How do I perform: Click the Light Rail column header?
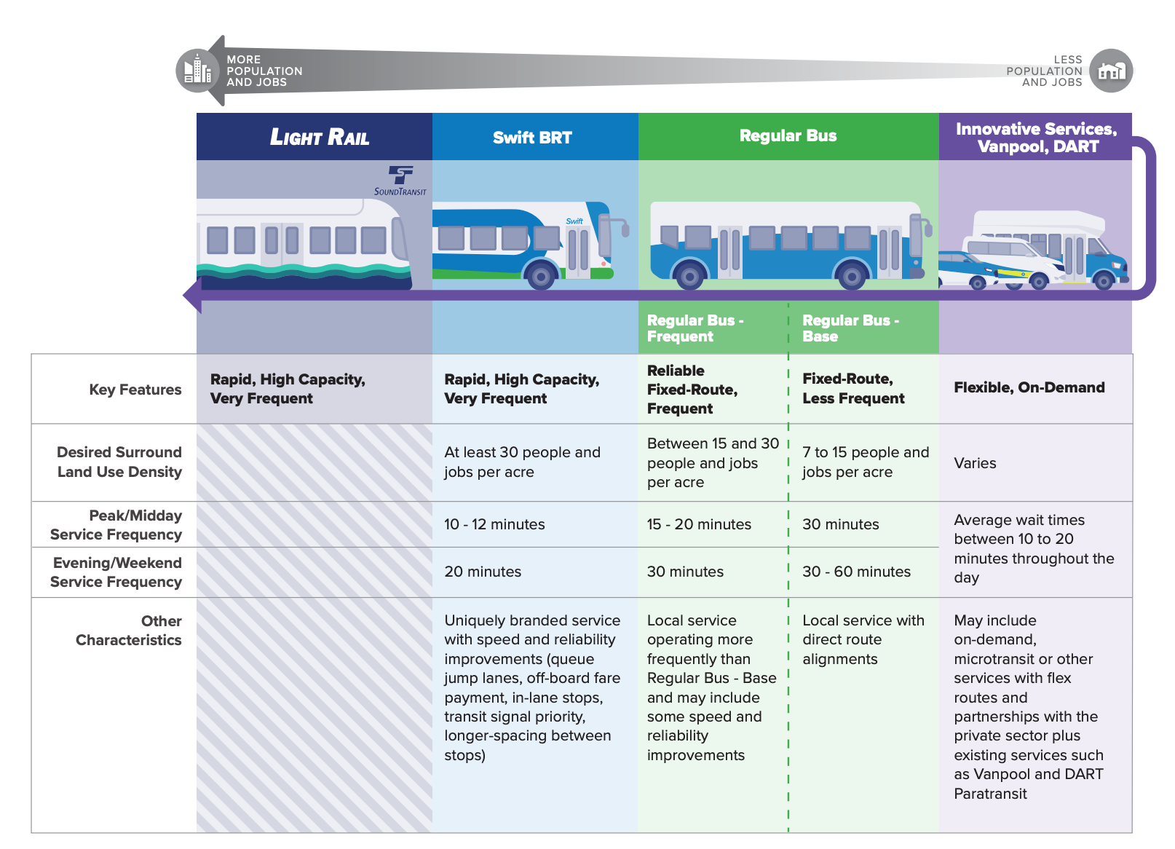pos(320,137)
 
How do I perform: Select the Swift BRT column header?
pos(532,138)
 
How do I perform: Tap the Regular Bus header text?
pos(788,135)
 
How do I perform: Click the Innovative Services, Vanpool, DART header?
pos(1037,138)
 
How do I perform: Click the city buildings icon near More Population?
pos(197,71)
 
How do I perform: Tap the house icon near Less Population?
pos(1112,71)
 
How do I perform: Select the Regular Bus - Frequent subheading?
pos(695,328)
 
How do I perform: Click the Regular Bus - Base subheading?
pos(851,328)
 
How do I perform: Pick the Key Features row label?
pos(135,390)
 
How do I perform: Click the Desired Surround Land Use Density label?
pos(119,462)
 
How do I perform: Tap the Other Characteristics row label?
pos(129,630)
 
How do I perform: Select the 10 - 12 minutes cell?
pos(494,524)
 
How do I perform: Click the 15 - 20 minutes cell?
pos(699,524)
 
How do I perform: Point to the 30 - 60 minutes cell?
pos(857,572)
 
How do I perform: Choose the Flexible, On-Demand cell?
pos(1029,388)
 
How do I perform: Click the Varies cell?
pos(975,463)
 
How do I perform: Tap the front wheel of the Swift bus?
pos(541,275)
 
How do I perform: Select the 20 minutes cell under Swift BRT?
pos(483,572)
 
